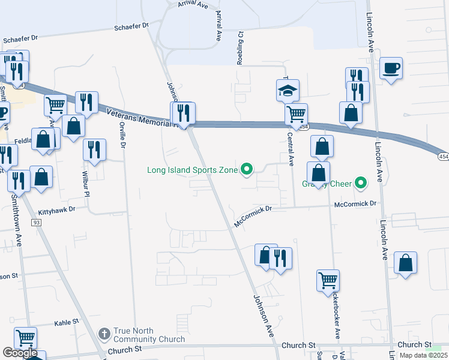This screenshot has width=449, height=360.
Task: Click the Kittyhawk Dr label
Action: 57,211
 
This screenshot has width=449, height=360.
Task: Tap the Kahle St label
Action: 67,322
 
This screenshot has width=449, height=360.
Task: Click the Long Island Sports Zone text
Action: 193,170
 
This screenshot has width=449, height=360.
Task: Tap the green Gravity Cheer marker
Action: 360,182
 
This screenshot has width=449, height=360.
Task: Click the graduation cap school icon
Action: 287,91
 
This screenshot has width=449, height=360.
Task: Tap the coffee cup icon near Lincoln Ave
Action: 391,68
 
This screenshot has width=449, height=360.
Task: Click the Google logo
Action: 20,353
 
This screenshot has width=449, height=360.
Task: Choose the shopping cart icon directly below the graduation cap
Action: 296,113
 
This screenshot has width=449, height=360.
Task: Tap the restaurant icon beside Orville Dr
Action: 94,150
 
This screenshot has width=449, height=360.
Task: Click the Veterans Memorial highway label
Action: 140,118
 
